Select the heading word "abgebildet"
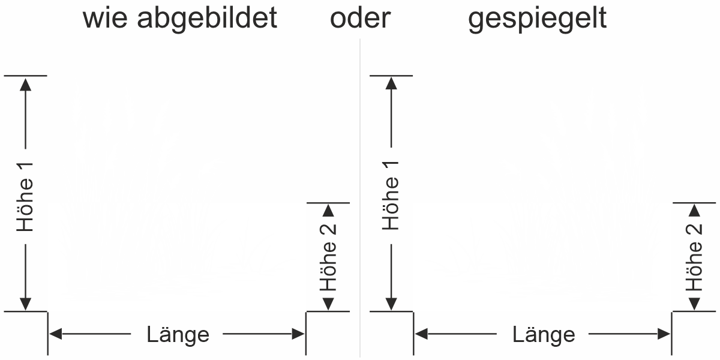tap(207, 19)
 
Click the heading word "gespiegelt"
tap(538, 19)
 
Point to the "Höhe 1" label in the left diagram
tap(25, 197)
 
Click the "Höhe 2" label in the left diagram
tap(328, 257)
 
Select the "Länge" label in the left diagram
tap(178, 335)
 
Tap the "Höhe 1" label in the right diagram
tap(391, 196)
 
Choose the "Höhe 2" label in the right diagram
tap(694, 257)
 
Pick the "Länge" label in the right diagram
tap(544, 335)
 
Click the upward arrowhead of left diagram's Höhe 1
tap(25, 84)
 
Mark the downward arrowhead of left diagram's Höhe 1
tap(25, 304)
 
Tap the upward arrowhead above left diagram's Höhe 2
tap(328, 211)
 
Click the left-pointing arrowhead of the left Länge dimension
tap(55, 334)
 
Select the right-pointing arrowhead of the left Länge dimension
tap(298, 334)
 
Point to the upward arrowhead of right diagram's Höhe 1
tap(391, 83)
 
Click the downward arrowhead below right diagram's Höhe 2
tap(695, 304)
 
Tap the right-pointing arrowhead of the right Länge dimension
tap(664, 334)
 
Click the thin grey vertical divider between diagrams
tap(360, 197)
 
